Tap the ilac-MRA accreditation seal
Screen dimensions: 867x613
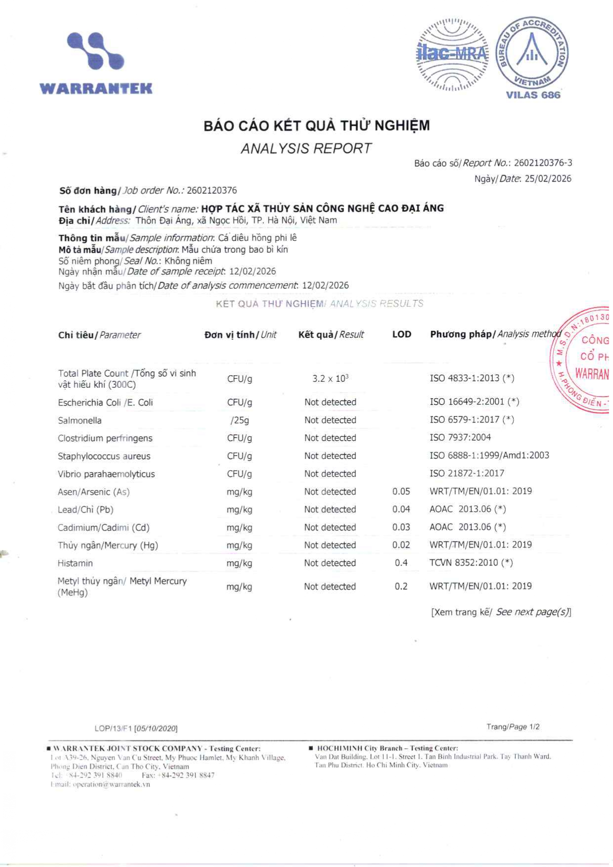[x=452, y=54]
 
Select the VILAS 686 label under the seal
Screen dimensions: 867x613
[x=533, y=95]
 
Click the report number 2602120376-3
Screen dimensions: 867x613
[x=543, y=163]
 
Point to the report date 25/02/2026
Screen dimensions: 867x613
[x=548, y=179]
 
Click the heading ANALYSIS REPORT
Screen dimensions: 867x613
[x=306, y=148]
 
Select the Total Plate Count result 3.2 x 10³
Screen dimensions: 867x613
[x=330, y=378]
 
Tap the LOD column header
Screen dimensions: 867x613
[x=401, y=334]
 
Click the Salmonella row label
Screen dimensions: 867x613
[x=80, y=420]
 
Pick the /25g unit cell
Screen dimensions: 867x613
[x=240, y=420]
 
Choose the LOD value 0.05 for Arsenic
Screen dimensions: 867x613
[x=401, y=492]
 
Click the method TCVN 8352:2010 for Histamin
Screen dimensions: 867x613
[x=471, y=563]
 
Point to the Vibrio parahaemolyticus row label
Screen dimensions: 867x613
[x=106, y=474]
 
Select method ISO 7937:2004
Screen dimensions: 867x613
[x=460, y=438]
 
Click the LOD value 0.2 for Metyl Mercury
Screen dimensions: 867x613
[x=401, y=587]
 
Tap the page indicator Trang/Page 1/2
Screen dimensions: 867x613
[x=513, y=727]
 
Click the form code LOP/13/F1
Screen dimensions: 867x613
[x=113, y=729]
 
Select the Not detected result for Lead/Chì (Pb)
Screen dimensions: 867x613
[x=330, y=509]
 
